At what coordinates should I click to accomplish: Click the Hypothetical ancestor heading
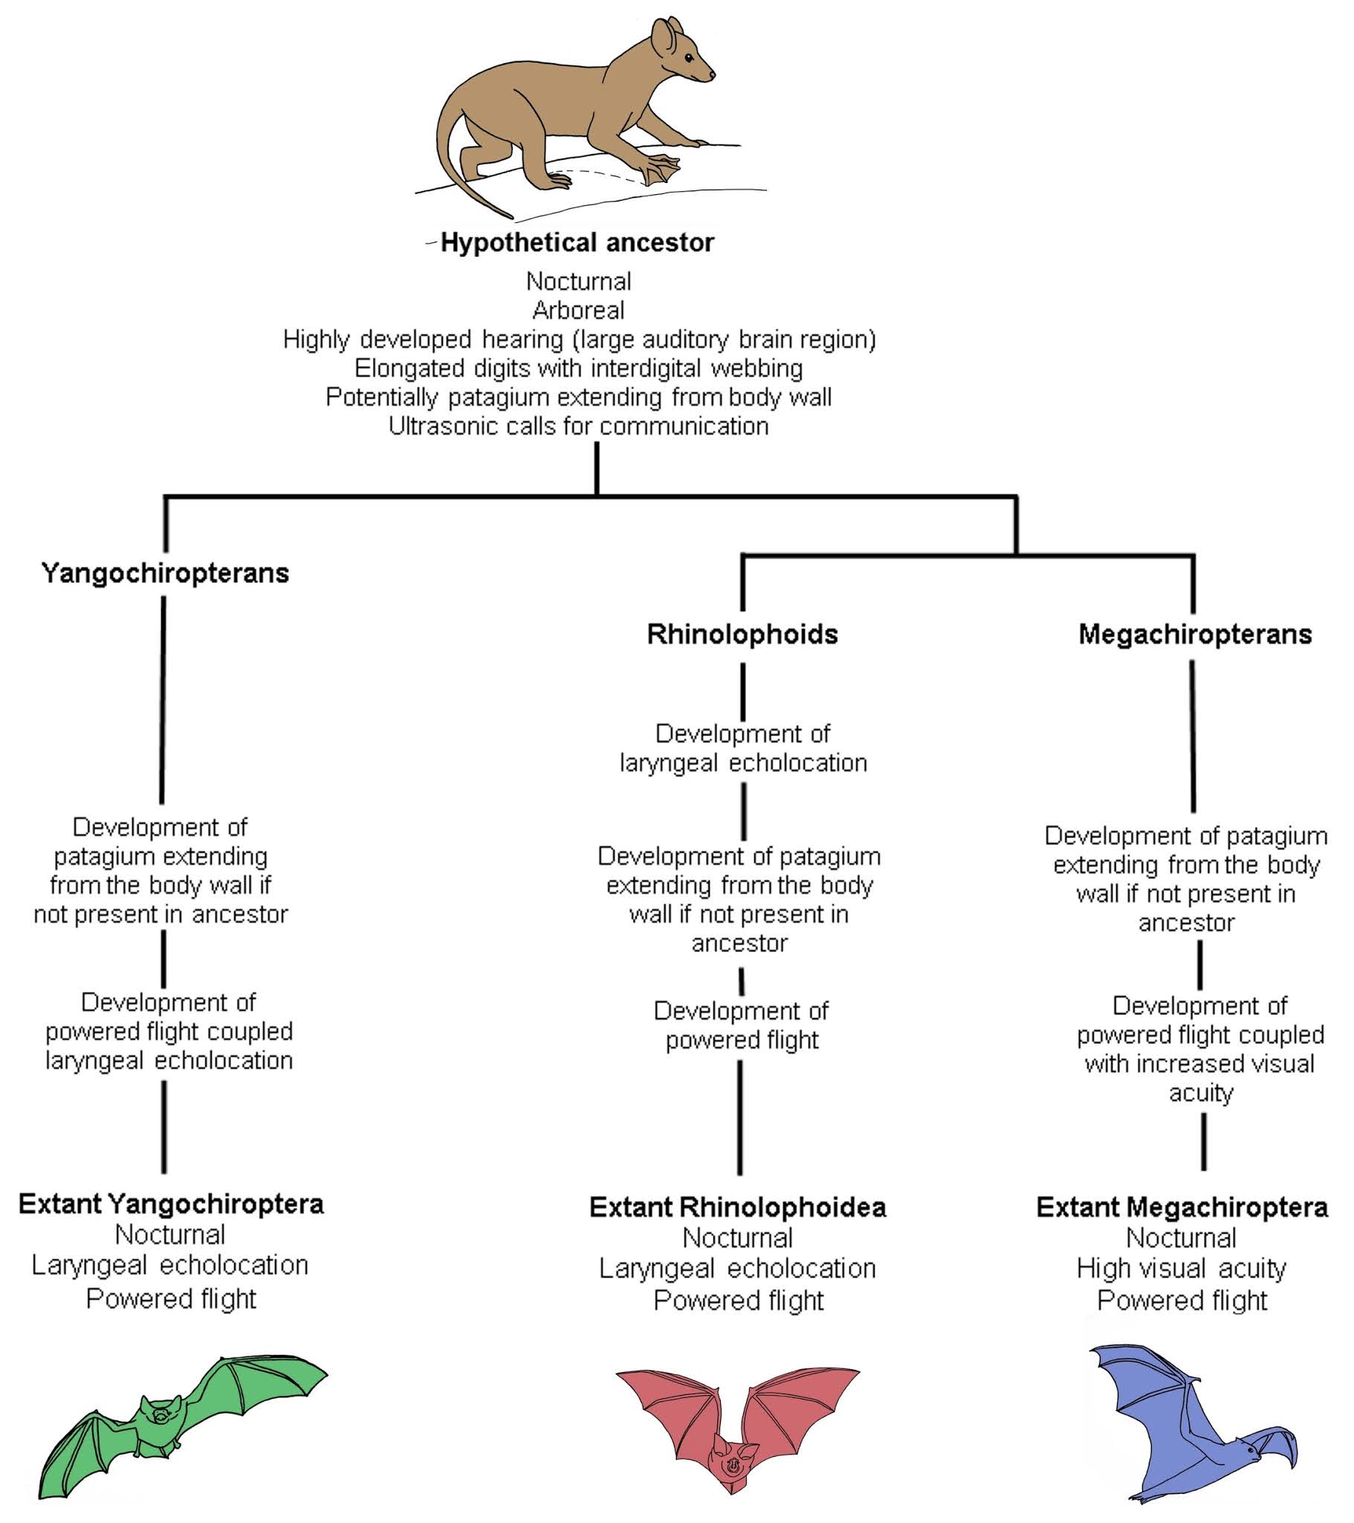click(577, 243)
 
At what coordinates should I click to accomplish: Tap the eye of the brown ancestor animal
click(689, 59)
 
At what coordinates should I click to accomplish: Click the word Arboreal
click(578, 310)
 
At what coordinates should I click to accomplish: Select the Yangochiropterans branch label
click(164, 573)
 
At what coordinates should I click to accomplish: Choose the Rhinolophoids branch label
click(742, 634)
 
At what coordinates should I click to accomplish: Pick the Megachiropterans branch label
click(1195, 634)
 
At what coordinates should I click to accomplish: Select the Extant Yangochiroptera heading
click(172, 1204)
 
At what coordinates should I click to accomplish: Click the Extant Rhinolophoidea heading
click(737, 1207)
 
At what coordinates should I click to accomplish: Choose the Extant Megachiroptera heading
click(1182, 1207)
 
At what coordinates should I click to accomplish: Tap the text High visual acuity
click(1181, 1267)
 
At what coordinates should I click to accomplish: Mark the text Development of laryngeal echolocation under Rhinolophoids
click(742, 748)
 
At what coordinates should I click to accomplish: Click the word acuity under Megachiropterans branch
click(1201, 1092)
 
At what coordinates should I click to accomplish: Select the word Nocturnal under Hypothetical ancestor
click(578, 281)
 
